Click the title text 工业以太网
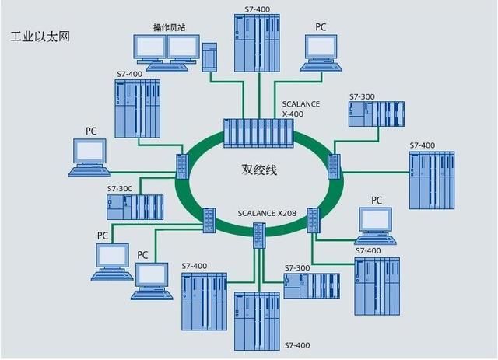(x=40, y=37)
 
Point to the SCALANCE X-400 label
(x=299, y=107)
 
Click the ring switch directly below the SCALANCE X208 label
(x=259, y=234)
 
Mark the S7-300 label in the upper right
(x=362, y=97)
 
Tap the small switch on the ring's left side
(x=182, y=164)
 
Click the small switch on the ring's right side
(x=335, y=164)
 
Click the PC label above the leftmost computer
(x=91, y=131)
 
